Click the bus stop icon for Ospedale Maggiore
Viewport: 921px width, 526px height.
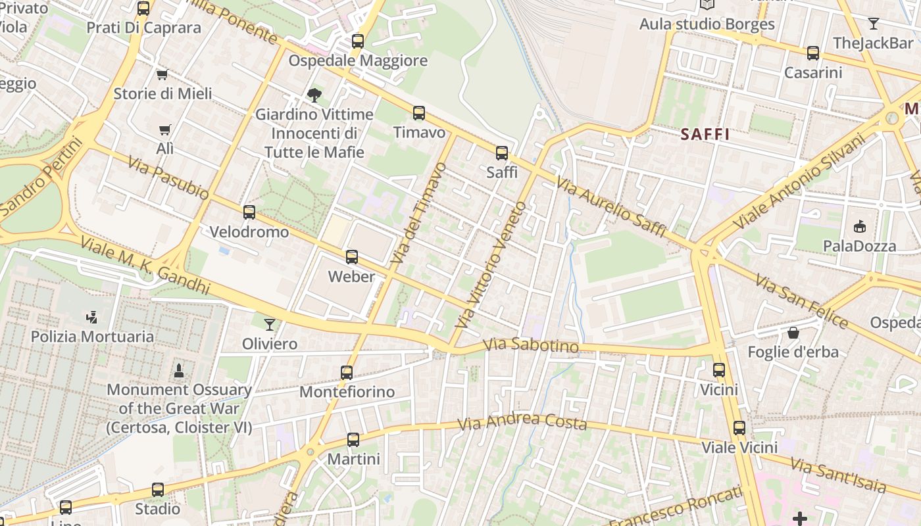(x=358, y=41)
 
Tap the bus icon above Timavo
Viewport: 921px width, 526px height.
(x=419, y=113)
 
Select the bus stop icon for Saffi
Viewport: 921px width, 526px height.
(x=502, y=153)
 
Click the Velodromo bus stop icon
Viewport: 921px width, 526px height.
(x=249, y=212)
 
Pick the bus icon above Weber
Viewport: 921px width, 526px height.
(x=352, y=257)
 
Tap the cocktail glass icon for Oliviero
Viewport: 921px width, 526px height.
(x=270, y=324)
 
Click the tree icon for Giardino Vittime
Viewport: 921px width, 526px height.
(x=314, y=95)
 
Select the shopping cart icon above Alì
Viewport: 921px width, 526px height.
(x=164, y=130)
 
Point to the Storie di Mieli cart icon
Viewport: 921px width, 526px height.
(x=162, y=74)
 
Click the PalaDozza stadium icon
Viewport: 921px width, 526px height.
(x=859, y=227)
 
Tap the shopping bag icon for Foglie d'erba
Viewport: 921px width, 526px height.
(x=793, y=333)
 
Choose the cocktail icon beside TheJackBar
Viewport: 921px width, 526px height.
(x=874, y=24)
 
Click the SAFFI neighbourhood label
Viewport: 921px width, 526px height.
(x=705, y=135)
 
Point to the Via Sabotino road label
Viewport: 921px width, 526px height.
(x=531, y=345)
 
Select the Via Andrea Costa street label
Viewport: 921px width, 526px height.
(x=522, y=421)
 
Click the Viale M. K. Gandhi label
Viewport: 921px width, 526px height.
(x=145, y=265)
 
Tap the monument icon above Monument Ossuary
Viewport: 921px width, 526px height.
(x=178, y=371)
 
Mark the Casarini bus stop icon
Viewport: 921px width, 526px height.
(x=813, y=53)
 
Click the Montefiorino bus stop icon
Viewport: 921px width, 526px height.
(x=347, y=373)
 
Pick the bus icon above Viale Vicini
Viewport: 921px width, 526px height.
(x=739, y=428)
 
